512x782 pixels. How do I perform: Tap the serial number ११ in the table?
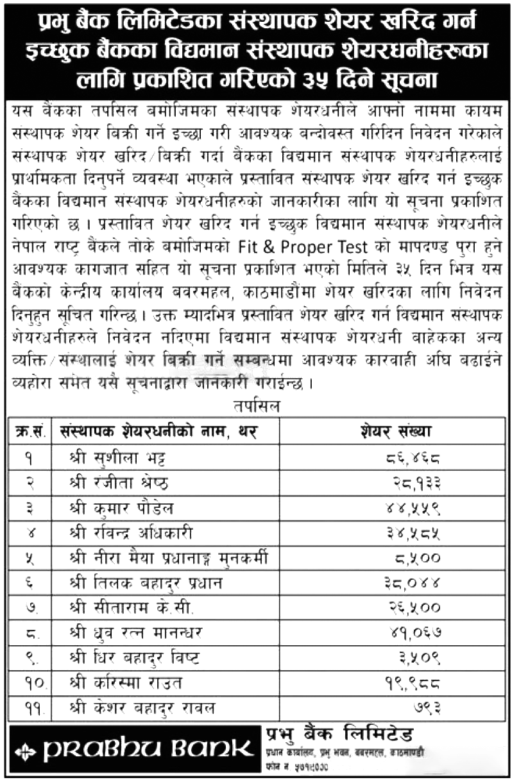coord(30,708)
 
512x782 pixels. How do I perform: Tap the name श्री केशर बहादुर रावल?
coord(143,708)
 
